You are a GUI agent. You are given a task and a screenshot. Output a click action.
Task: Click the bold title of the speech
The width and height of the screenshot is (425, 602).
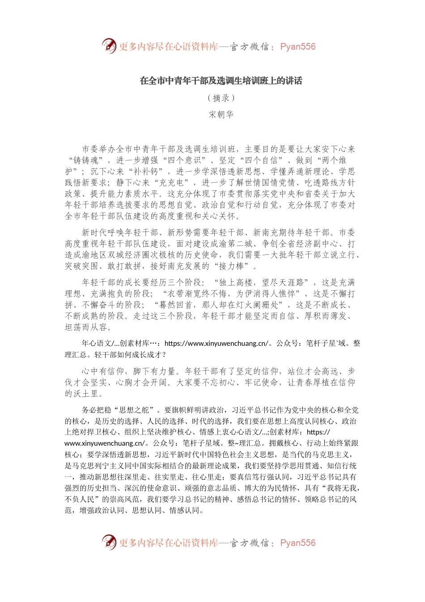221,81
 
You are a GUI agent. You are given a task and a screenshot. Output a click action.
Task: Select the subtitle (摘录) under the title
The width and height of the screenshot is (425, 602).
221,98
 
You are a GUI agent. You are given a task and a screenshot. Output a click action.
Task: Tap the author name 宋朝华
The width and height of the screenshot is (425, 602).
221,115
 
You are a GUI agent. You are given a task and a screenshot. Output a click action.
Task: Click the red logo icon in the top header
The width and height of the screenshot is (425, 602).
109,46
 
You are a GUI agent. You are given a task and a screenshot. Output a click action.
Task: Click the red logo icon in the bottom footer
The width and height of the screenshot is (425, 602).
109,542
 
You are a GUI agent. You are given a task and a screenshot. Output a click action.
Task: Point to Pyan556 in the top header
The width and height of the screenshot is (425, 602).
297,47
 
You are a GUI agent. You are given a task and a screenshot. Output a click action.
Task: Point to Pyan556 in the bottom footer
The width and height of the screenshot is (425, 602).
297,543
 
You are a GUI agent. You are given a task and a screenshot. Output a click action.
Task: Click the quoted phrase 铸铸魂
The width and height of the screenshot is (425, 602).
89,160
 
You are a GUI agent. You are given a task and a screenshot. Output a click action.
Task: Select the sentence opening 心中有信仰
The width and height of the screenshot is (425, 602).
103,371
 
